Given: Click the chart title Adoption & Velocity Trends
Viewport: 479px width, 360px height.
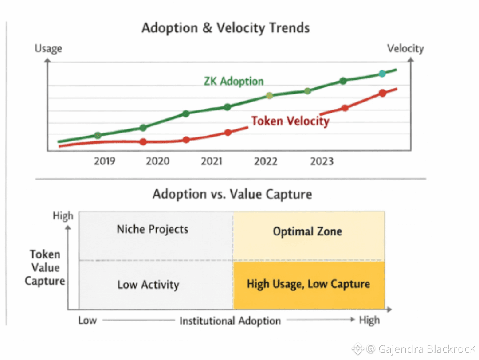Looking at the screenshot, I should (225, 28).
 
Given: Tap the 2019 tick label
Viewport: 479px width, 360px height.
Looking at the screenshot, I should (105, 161).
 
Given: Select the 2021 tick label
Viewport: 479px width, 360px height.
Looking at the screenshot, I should (212, 161).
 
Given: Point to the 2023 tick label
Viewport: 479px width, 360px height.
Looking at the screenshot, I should (322, 161).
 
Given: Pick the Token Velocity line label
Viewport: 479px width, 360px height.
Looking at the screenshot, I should (290, 121).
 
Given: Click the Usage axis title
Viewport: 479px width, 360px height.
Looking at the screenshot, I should (48, 48).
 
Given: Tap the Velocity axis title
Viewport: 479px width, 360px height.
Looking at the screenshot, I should (405, 48).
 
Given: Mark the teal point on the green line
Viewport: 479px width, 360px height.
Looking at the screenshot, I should (382, 74).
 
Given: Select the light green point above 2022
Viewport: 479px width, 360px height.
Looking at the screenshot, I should (269, 95).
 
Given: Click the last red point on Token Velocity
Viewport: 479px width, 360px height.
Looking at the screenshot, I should (382, 93).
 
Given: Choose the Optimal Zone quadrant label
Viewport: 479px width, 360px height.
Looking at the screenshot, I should (307, 231).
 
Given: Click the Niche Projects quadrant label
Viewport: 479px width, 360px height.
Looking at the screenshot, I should (153, 229).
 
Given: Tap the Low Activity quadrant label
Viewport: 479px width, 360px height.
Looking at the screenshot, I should (148, 285).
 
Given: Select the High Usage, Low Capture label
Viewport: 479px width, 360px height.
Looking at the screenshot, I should (308, 284).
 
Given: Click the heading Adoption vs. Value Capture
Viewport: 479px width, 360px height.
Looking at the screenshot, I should (232, 194).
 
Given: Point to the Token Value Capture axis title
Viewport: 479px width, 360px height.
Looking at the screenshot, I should (45, 267).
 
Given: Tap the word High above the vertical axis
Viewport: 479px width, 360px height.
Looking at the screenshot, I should (63, 216).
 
